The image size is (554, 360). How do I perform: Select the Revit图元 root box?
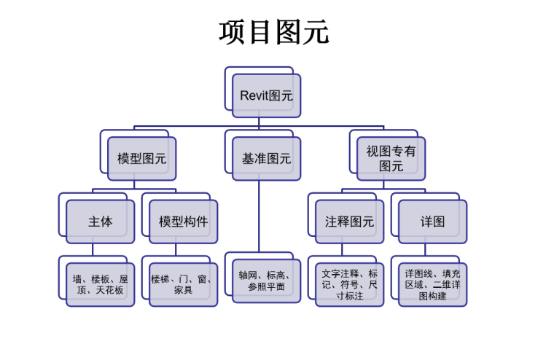pyautogui.click(x=266, y=95)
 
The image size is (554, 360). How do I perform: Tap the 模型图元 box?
pyautogui.click(x=141, y=158)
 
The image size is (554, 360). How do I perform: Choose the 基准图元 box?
pyautogui.click(x=266, y=158)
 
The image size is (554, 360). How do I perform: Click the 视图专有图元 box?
pyautogui.click(x=391, y=158)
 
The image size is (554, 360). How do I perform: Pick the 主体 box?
pyautogui.click(x=100, y=222)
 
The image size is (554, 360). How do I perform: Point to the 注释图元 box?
pyautogui.click(x=349, y=222)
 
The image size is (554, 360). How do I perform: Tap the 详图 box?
pyautogui.click(x=432, y=222)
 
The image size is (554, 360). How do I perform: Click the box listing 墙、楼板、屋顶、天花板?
pyautogui.click(x=100, y=284)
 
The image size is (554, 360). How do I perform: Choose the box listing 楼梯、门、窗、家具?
pyautogui.click(x=183, y=284)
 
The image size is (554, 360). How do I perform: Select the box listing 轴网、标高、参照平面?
pyautogui.click(x=266, y=281)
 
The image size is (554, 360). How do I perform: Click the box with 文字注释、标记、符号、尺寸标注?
pyautogui.click(x=349, y=284)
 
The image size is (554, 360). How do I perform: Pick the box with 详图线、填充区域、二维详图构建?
pyautogui.click(x=432, y=284)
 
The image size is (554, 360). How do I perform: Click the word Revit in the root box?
pyautogui.click(x=254, y=95)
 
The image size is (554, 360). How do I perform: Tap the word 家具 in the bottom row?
pyautogui.click(x=183, y=290)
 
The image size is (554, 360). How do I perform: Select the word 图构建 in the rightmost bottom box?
pyautogui.click(x=432, y=297)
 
